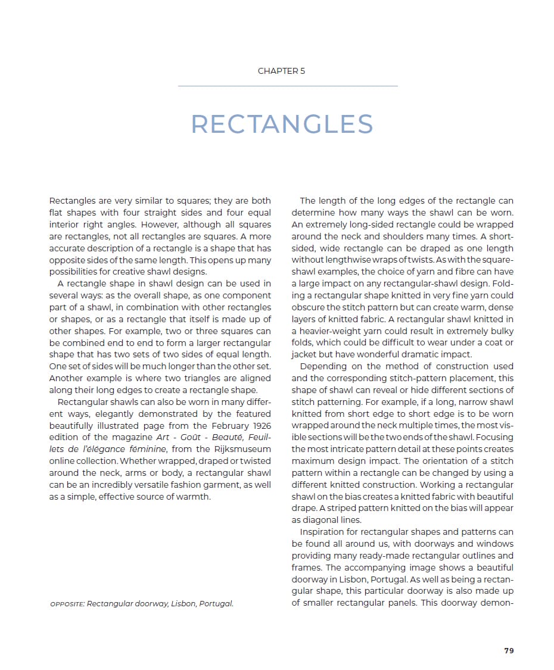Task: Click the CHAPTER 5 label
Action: pyautogui.click(x=281, y=71)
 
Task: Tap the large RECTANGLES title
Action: pyautogui.click(x=282, y=124)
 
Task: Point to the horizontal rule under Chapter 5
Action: pyautogui.click(x=288, y=86)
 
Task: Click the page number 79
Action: pyautogui.click(x=509, y=650)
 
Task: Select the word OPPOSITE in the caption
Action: pyautogui.click(x=67, y=604)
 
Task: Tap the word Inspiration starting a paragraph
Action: pyautogui.click(x=324, y=531)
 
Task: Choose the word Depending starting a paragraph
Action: pyautogui.click(x=324, y=366)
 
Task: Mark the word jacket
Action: pyautogui.click(x=304, y=354)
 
